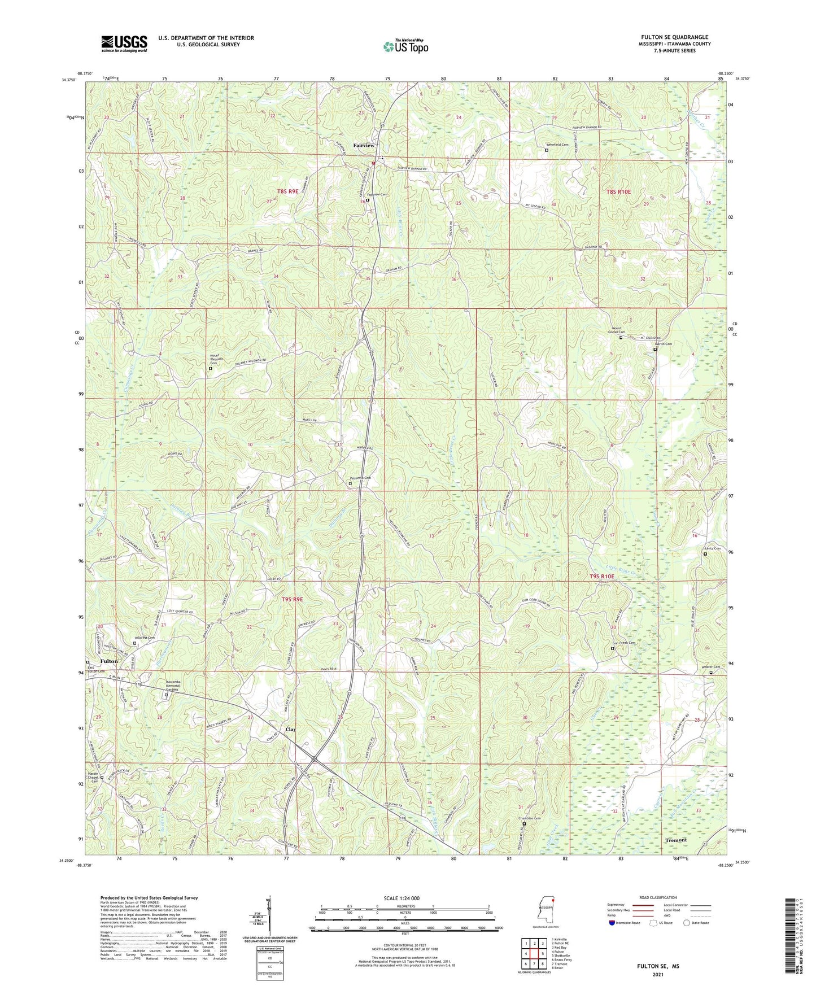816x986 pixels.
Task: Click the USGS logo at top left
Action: click(124, 43)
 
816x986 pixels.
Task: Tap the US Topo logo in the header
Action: click(405, 46)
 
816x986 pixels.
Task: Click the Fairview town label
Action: click(364, 146)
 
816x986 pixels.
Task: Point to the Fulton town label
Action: click(109, 661)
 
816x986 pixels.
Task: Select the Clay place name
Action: click(290, 729)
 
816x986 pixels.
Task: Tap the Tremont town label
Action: click(676, 840)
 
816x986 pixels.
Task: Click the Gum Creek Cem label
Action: click(624, 643)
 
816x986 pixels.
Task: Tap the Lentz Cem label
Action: click(713, 548)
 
